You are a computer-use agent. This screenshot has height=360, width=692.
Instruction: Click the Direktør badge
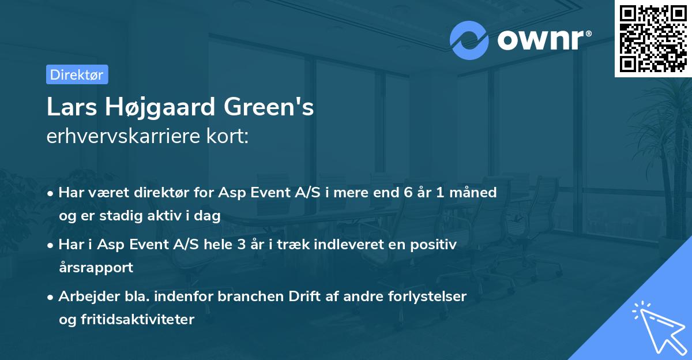tap(77, 74)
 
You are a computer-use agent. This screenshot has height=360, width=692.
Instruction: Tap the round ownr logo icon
tap(469, 40)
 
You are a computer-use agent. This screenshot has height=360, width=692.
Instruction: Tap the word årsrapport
tap(96, 268)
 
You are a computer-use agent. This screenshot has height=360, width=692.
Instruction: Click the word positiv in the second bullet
tap(435, 245)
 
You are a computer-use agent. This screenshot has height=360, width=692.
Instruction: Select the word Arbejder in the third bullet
tap(85, 297)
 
